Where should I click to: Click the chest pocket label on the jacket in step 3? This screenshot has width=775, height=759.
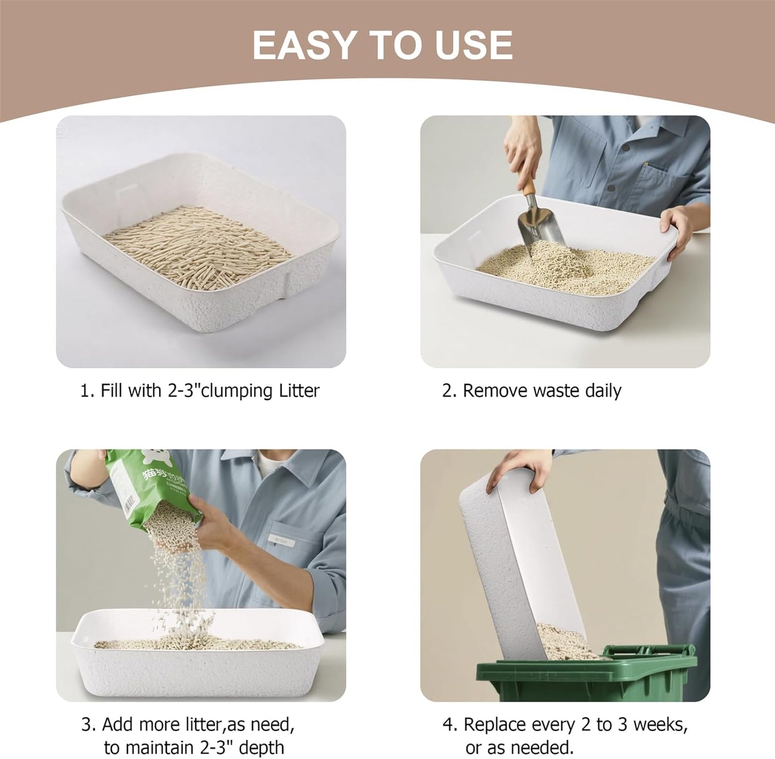(281, 542)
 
